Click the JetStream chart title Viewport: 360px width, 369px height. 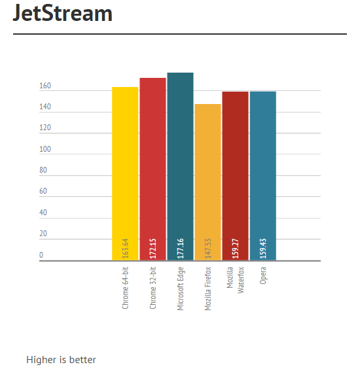pyautogui.click(x=62, y=13)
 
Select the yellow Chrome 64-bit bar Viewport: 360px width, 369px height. pyautogui.click(x=125, y=173)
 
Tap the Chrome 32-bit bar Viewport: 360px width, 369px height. pyautogui.click(x=153, y=169)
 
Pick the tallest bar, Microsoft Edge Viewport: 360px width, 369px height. pyautogui.click(x=181, y=166)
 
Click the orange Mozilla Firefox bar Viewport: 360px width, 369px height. pyautogui.click(x=208, y=182)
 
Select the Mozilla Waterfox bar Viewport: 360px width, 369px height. pyautogui.click(x=236, y=176)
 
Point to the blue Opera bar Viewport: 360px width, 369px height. pyautogui.click(x=263, y=176)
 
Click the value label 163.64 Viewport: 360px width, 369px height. pyautogui.click(x=126, y=248)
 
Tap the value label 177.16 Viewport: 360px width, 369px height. pyautogui.click(x=181, y=248)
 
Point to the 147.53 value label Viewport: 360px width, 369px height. pyautogui.click(x=208, y=248)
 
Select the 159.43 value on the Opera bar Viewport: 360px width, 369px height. pyautogui.click(x=263, y=248)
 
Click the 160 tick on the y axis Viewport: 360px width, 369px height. pyautogui.click(x=45, y=86)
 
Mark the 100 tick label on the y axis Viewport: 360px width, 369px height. pyautogui.click(x=45, y=149)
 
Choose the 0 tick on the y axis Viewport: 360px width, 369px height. pyautogui.click(x=41, y=255)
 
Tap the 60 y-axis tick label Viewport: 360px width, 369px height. pyautogui.click(x=43, y=191)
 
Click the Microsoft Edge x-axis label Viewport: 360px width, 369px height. pyautogui.click(x=181, y=289)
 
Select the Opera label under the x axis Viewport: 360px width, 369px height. pyautogui.click(x=263, y=275)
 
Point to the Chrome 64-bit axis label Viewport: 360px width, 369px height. pyautogui.click(x=125, y=288)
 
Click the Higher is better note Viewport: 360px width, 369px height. pyautogui.click(x=62, y=360)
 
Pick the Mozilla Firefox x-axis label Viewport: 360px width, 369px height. pyautogui.click(x=208, y=289)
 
